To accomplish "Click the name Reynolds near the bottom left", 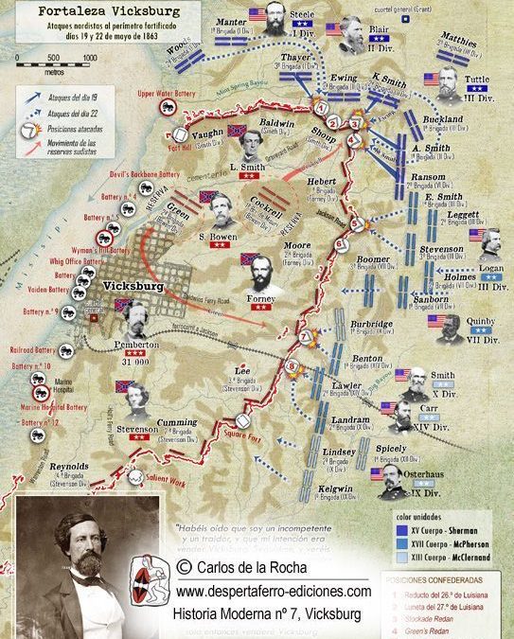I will [69, 466].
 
